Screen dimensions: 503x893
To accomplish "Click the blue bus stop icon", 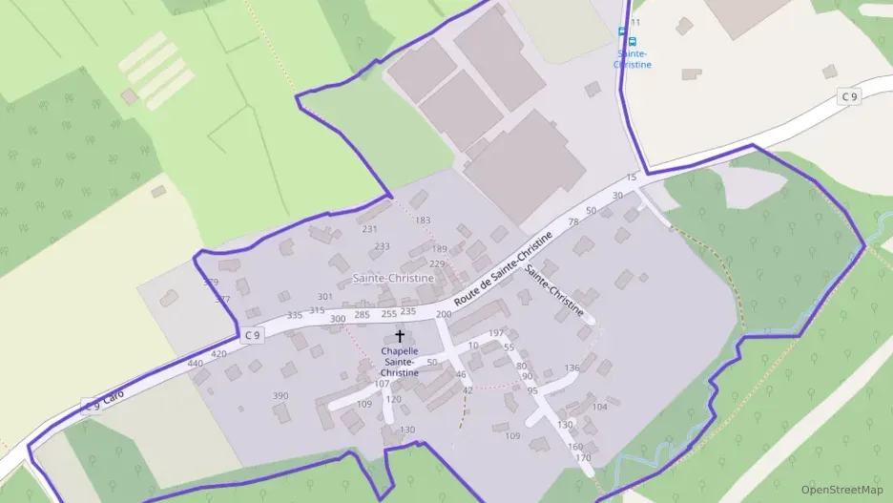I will [622, 31].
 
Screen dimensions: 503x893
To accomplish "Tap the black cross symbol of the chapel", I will [400, 335].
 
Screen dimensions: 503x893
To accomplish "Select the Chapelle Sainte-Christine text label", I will [400, 362].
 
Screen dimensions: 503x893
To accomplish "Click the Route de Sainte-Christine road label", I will [503, 270].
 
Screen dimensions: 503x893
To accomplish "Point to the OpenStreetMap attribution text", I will [841, 490].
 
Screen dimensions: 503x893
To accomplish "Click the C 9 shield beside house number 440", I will [251, 335].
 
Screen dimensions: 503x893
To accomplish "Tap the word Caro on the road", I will [114, 396].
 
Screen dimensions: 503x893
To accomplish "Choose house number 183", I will [423, 220].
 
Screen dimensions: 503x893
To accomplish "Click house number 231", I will [370, 229].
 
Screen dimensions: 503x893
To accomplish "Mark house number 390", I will [280, 395].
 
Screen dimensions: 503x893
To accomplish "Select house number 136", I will [571, 367].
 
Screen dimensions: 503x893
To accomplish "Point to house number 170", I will [583, 458].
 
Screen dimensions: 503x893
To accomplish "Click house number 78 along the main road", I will [573, 222].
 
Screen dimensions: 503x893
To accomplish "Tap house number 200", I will [444, 314].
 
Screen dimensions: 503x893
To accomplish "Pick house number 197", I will [496, 333].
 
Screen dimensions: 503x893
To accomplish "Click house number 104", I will [599, 407].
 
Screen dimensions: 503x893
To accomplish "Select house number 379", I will [211, 283].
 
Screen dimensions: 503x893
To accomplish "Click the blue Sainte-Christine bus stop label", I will [633, 59].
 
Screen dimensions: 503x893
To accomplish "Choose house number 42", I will [467, 390].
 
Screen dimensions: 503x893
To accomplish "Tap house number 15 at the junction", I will [631, 178].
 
